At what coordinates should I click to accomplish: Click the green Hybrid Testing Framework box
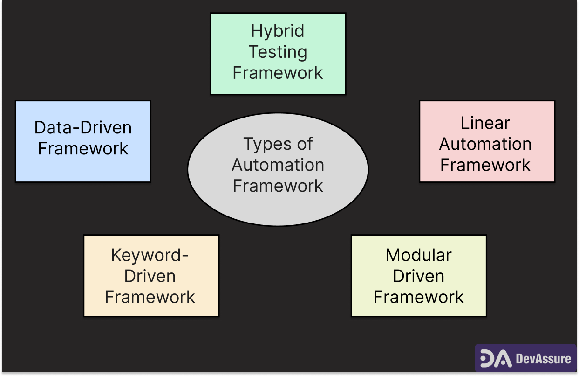(278, 54)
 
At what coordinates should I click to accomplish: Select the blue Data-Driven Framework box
(83, 141)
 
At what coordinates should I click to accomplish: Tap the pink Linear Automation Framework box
(487, 141)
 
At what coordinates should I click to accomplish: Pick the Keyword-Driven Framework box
(151, 276)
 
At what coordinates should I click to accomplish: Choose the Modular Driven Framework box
(418, 276)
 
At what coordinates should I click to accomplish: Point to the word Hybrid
(278, 31)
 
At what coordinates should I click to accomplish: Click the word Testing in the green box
(278, 52)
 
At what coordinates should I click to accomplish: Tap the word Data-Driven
(83, 128)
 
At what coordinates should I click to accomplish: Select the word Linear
(485, 123)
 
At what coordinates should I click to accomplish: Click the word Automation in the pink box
(485, 144)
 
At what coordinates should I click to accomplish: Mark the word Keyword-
(150, 255)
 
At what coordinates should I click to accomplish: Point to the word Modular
(419, 255)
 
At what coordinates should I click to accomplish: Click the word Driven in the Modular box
(419, 276)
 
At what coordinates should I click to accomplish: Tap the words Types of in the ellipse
(278, 144)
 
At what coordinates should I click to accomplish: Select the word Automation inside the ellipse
(278, 165)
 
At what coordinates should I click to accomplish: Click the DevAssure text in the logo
(544, 359)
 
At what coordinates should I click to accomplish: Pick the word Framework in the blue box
(83, 149)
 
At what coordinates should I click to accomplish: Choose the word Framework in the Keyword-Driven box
(150, 297)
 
